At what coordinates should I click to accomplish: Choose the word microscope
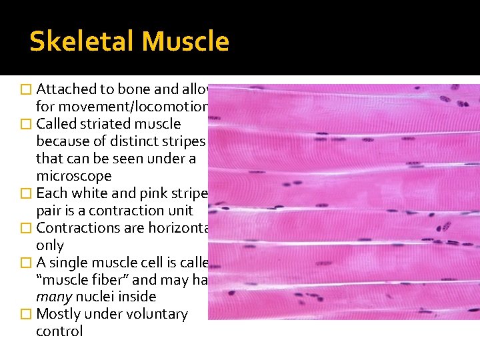point(74,176)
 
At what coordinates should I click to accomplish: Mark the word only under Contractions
point(49,245)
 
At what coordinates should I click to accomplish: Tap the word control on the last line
point(59,331)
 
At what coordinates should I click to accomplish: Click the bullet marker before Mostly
point(26,314)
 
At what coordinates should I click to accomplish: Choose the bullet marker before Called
point(26,124)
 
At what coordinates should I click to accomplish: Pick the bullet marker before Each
point(26,193)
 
